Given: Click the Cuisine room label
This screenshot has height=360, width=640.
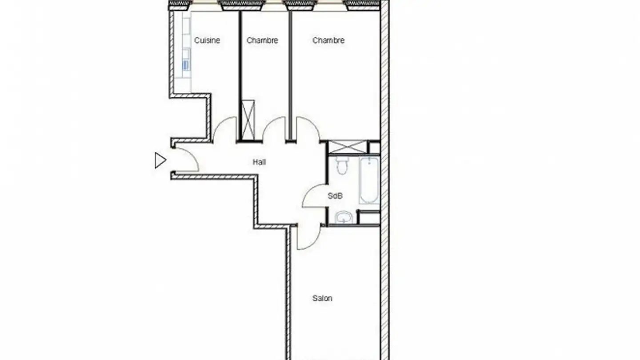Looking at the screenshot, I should pos(207,40).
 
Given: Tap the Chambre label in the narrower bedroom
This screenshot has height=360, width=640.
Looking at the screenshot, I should pos(262,40).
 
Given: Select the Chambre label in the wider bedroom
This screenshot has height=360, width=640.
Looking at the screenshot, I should pos(328,40).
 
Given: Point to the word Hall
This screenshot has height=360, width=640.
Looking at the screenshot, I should pos(260,162).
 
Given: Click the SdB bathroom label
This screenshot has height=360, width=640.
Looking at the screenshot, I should pos(335,196).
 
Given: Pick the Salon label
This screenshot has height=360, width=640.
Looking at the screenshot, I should pos(322,298).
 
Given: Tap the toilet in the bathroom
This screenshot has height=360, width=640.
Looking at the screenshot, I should pos(342,165).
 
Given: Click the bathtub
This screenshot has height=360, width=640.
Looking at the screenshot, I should pos(369,180).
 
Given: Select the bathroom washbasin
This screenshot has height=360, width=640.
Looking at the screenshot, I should pos(343,218).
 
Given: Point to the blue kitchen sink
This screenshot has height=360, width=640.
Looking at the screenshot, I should pos(186,65).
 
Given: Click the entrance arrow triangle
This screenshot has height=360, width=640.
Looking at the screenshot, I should pos(160,160).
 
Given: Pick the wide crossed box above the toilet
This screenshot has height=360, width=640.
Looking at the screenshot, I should pos(348,147).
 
